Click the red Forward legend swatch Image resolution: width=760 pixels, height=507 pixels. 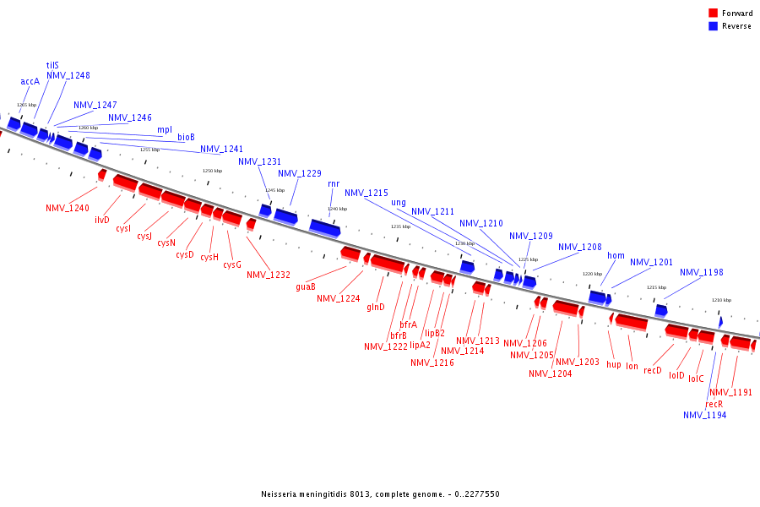[x=714, y=13]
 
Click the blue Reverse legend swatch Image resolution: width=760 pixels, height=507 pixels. [x=714, y=26]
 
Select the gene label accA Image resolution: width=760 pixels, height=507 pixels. [x=30, y=82]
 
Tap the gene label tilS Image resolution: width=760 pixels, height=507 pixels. [x=52, y=65]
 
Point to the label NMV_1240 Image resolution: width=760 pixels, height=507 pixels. [x=68, y=208]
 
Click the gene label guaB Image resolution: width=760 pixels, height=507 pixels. [x=306, y=286]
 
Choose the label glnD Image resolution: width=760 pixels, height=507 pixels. [x=376, y=308]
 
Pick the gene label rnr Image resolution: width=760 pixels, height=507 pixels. [x=334, y=183]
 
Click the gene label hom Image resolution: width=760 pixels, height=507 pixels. [x=616, y=256]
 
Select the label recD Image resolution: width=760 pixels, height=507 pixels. [x=653, y=370]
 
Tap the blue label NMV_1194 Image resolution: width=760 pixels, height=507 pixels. [x=704, y=415]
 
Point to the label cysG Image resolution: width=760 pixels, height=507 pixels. [x=232, y=265]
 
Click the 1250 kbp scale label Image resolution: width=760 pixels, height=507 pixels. [x=212, y=171]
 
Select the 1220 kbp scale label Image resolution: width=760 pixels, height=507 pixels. [x=592, y=274]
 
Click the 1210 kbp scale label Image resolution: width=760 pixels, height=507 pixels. [x=720, y=300]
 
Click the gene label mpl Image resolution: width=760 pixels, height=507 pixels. [x=165, y=130]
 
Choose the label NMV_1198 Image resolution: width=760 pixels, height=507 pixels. [x=702, y=272]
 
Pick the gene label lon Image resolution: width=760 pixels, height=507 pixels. [x=632, y=366]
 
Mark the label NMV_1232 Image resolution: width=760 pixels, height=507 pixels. [x=269, y=275]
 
